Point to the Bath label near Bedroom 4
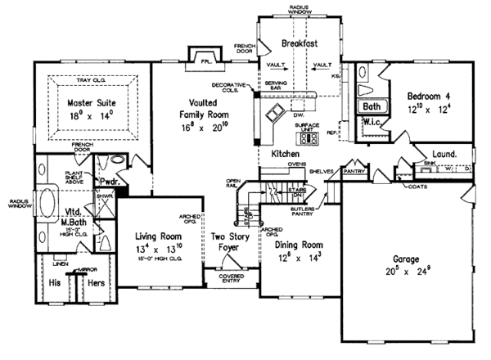click(372, 106)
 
